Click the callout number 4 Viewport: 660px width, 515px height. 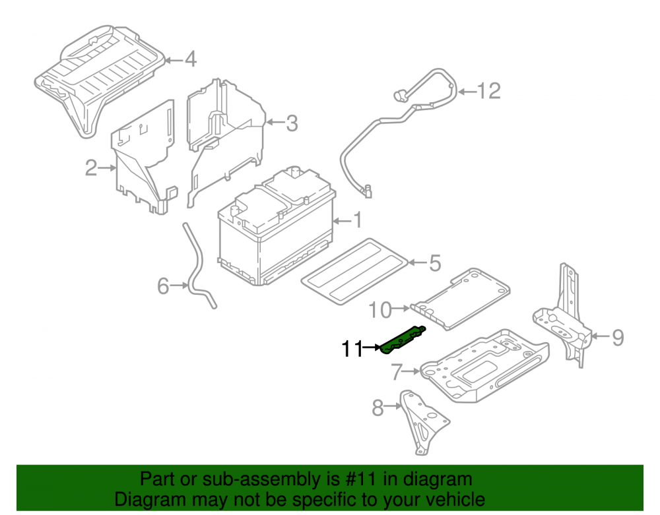point(191,59)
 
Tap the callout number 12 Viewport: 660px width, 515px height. point(488,91)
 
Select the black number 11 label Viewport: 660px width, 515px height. point(352,349)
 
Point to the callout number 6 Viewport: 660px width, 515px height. point(163,286)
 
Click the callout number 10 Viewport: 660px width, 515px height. point(380,311)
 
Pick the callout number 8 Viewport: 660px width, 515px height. point(378,408)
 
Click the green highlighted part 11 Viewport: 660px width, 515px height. point(403,340)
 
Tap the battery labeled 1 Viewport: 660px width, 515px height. point(277,227)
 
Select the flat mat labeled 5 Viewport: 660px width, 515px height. point(354,272)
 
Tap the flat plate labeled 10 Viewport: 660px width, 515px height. point(461,299)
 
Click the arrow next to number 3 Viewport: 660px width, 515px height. point(275,123)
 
